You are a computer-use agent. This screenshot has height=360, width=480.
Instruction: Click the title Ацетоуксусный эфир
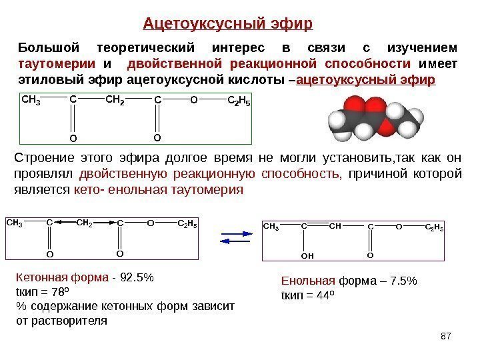(x=228, y=25)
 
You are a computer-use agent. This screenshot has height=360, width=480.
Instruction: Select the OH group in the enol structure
(x=307, y=255)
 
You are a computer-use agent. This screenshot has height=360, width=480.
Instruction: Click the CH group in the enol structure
(x=335, y=227)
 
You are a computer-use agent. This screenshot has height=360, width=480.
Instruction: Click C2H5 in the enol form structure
(x=434, y=227)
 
